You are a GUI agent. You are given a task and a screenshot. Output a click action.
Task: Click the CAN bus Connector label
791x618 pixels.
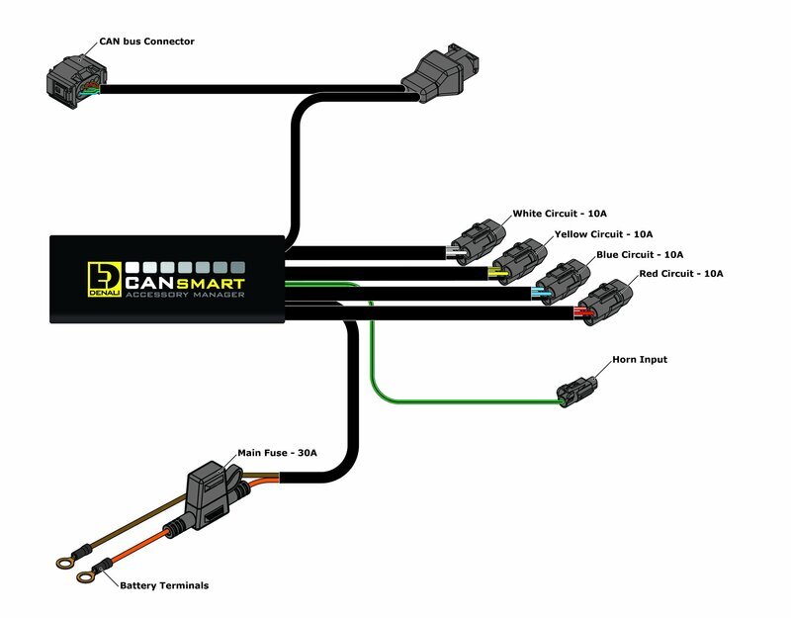pos(146,42)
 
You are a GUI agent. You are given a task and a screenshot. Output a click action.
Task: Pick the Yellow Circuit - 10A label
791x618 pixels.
pos(602,234)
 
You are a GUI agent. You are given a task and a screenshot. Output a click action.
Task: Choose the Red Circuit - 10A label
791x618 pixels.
pos(682,273)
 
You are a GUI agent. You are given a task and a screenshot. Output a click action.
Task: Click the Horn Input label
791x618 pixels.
pos(640,360)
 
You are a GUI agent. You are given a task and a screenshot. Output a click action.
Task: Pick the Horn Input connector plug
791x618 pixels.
pos(576,391)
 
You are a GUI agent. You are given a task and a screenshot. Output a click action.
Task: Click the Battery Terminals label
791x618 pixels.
pos(164,585)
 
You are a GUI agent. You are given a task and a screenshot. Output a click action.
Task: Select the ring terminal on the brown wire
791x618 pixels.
pos(66,563)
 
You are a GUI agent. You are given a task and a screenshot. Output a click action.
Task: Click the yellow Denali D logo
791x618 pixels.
pos(103,277)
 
